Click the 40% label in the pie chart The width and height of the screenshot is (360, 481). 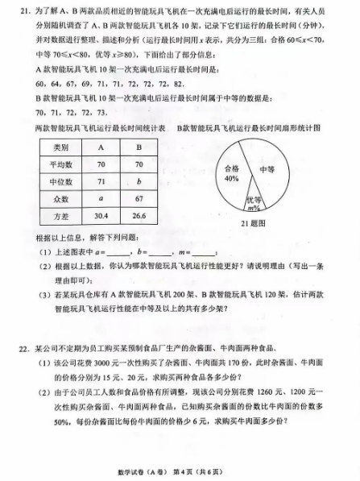tap(232, 180)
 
